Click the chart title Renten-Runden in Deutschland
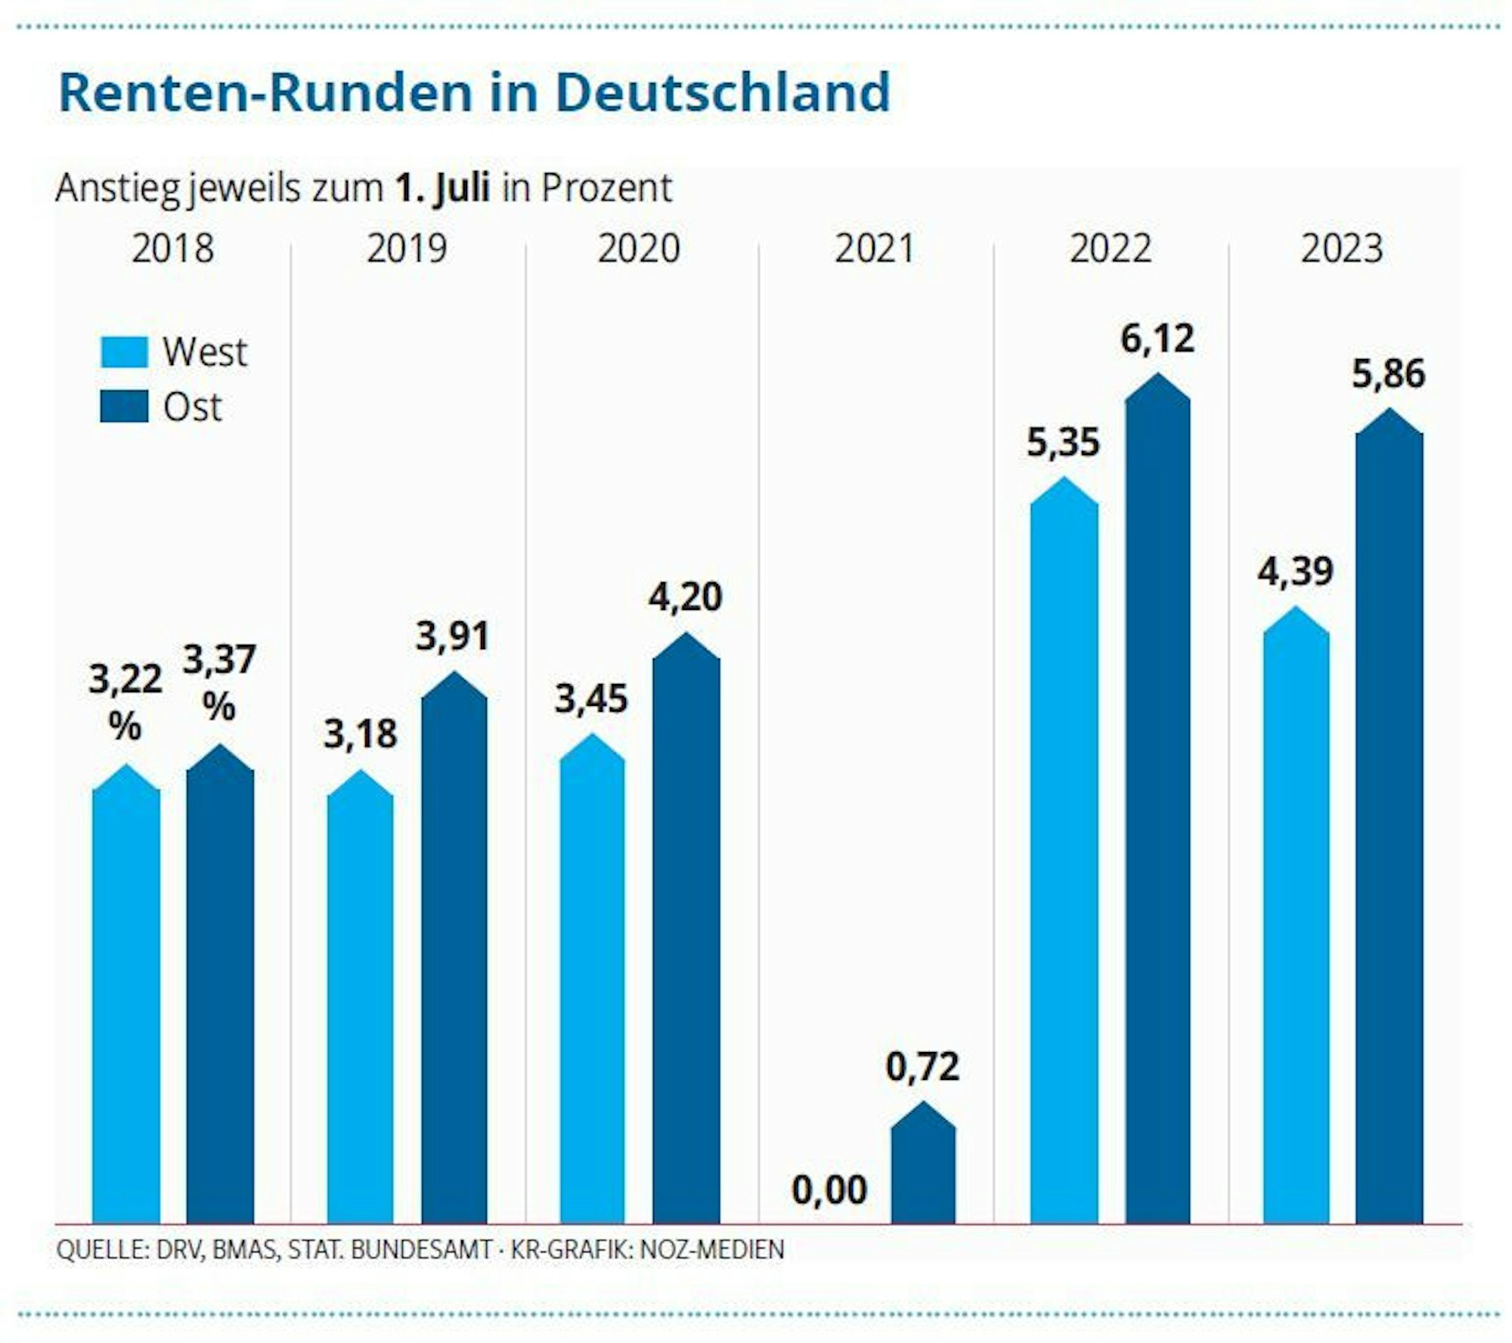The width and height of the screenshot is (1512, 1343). [x=474, y=93]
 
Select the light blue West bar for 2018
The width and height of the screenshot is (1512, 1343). [x=125, y=1005]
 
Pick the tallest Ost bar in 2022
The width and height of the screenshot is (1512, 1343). [x=1157, y=809]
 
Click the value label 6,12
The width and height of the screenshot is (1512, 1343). [x=1157, y=339]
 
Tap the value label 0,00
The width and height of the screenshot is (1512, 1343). [x=829, y=1190]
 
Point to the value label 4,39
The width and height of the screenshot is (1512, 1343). [x=1295, y=571]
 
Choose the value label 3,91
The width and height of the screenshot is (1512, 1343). [x=453, y=636]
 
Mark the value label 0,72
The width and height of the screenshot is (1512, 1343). [x=922, y=1066]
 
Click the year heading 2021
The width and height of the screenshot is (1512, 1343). [x=874, y=249]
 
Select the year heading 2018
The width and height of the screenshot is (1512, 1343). [x=172, y=249]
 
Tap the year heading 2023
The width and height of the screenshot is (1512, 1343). [x=1341, y=249]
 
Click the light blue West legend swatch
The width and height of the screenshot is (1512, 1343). [x=124, y=352]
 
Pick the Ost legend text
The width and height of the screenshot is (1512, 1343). [x=192, y=407]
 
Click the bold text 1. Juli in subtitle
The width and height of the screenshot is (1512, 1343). [x=442, y=188]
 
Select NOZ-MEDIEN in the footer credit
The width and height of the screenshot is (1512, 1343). [x=711, y=1249]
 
